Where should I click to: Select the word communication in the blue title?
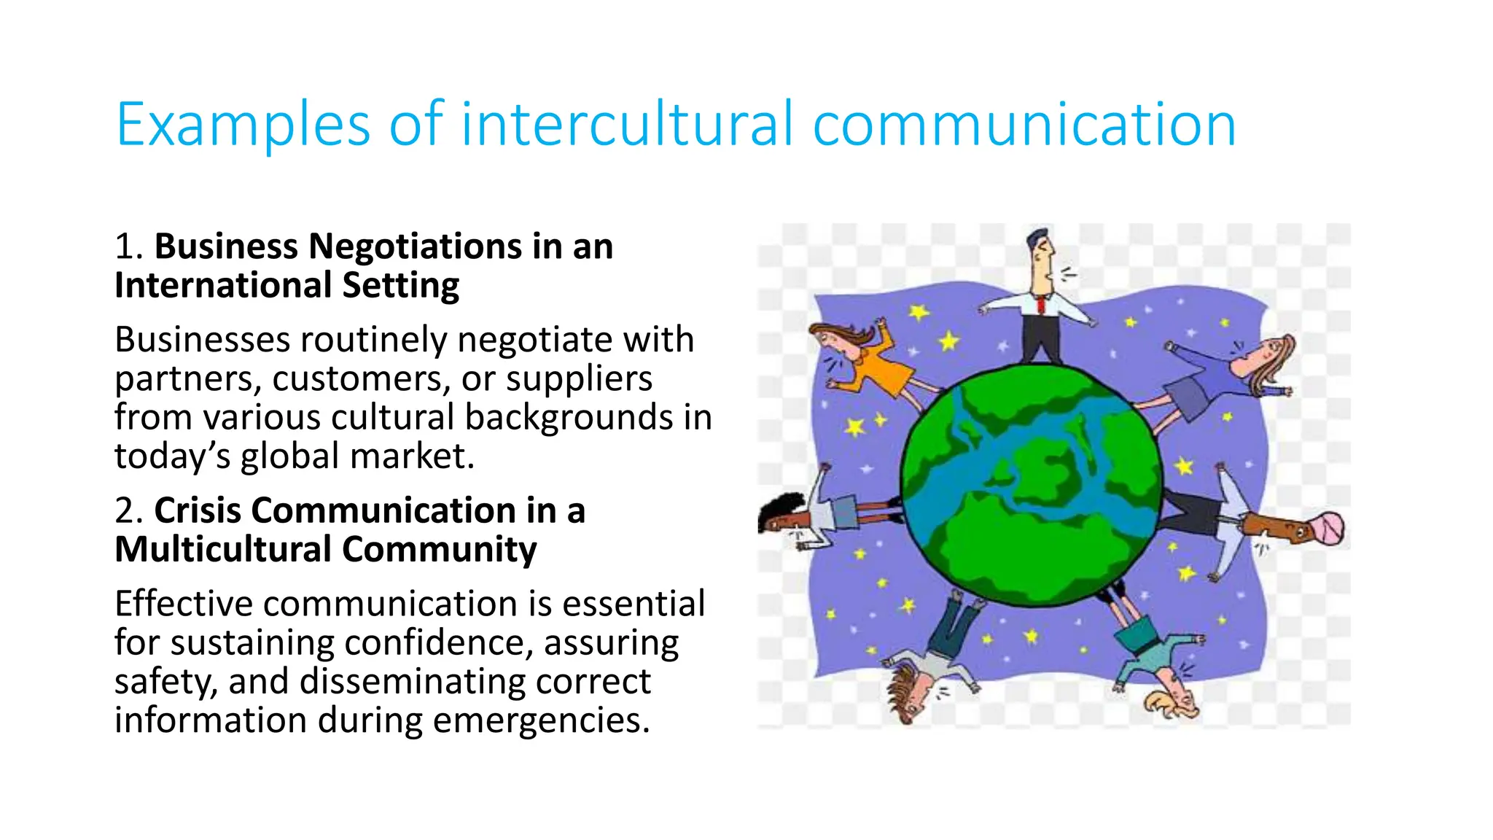[1024, 125]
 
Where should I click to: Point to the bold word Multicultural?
[222, 549]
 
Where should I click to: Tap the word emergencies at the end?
[541, 720]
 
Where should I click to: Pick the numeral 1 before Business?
[124, 246]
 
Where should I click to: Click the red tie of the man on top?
[1040, 303]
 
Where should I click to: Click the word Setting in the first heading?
[401, 285]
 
